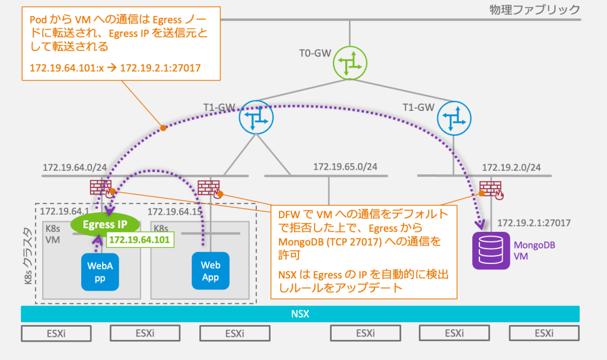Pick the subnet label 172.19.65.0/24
[345, 167]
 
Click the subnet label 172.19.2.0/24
[511, 167]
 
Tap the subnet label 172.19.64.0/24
[75, 167]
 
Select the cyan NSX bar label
[300, 314]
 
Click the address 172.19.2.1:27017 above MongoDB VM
[534, 223]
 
